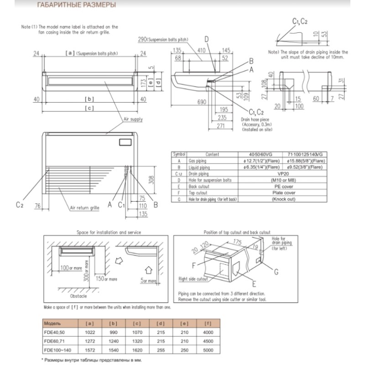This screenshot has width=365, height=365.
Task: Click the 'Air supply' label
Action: pyautogui.click(x=133, y=119)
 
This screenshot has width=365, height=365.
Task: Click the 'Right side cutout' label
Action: pyautogui.click(x=193, y=278)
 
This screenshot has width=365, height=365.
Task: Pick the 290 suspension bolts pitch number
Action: pyautogui.click(x=142, y=40)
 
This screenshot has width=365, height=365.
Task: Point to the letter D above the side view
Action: pyautogui.click(x=207, y=39)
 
